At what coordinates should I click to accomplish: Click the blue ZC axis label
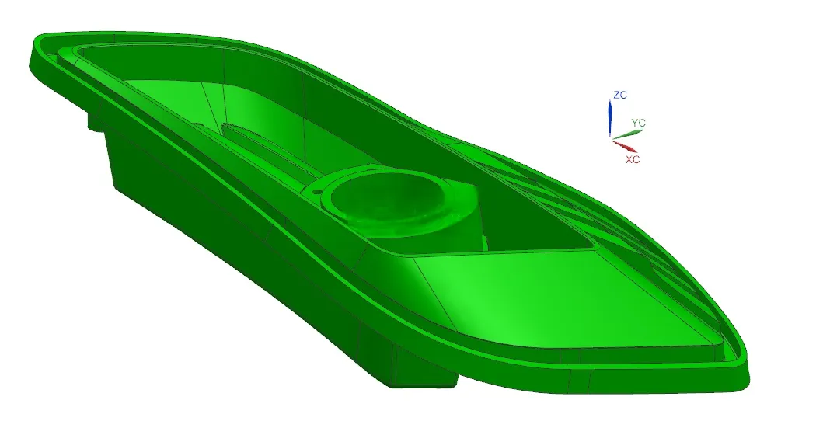620,95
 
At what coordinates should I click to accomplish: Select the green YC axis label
639,123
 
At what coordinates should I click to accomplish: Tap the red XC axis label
633,160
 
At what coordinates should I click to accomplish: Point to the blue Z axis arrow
610,117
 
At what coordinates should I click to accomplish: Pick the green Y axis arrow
627,134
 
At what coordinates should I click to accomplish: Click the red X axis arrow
624,146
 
